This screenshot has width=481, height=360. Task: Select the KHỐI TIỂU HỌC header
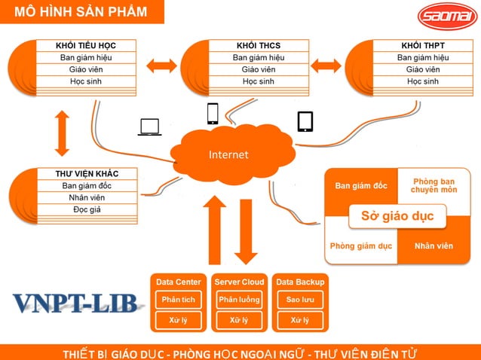click(x=86, y=46)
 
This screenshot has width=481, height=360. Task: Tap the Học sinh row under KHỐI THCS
click(x=259, y=81)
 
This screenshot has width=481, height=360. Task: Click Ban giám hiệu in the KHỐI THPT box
click(x=423, y=58)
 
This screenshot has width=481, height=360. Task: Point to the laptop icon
click(x=149, y=127)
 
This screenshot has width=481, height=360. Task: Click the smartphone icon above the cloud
click(x=213, y=113)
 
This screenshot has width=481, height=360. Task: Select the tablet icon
click(x=305, y=121)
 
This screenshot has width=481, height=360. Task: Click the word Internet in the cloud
click(x=228, y=155)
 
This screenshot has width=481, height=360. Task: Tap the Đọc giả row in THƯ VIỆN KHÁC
click(x=87, y=209)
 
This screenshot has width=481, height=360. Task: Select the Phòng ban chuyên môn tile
click(x=434, y=185)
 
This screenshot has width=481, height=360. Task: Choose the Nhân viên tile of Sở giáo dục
click(x=434, y=246)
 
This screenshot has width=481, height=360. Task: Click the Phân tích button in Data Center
click(x=178, y=300)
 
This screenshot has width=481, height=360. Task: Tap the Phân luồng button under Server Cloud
click(x=238, y=300)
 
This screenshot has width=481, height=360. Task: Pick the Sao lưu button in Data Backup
click(x=299, y=300)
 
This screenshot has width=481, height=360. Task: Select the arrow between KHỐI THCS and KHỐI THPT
click(x=326, y=66)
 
